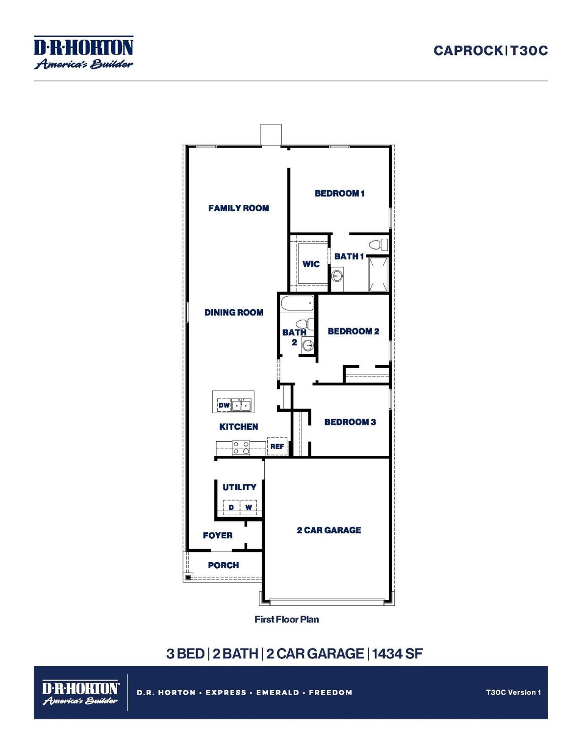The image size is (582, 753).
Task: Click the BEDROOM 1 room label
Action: [x=339, y=193]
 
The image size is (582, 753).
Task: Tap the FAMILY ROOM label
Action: [x=238, y=208]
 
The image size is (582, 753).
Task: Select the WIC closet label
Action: [x=311, y=264]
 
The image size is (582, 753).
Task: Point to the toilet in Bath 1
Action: [x=378, y=244]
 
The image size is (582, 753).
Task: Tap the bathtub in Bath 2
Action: [x=297, y=303]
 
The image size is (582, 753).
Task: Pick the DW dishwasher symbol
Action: [x=224, y=405]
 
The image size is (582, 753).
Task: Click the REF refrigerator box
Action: [x=277, y=446]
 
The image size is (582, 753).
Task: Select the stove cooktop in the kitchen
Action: [x=241, y=448]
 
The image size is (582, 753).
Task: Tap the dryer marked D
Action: [x=231, y=507]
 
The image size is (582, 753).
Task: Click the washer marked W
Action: [x=249, y=507]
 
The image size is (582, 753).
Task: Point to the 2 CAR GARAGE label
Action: [x=329, y=530]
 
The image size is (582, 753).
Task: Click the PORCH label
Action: [x=223, y=565]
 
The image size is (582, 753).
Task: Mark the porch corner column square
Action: [x=188, y=577]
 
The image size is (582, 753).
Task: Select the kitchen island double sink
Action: [x=241, y=405]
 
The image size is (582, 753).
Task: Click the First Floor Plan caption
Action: [x=286, y=619]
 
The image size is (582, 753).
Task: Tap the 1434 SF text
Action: [x=397, y=653]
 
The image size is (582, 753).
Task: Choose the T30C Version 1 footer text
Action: [x=513, y=692]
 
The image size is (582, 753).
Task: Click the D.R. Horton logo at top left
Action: [x=83, y=52]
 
